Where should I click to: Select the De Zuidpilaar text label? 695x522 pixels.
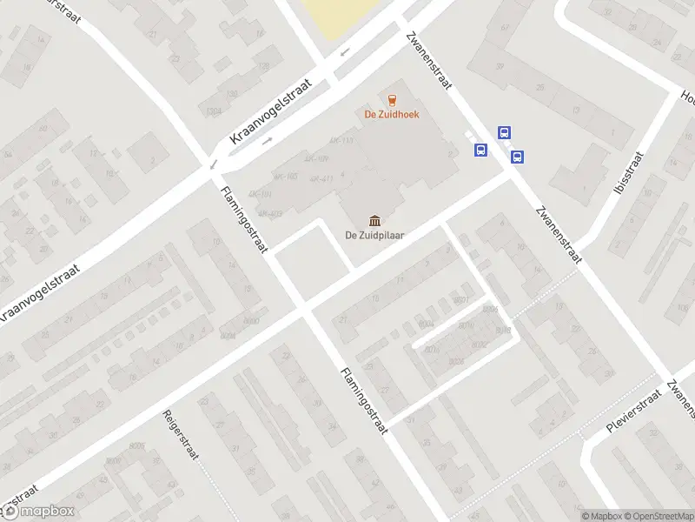pyautogui.click(x=374, y=234)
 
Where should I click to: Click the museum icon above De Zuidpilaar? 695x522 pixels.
pyautogui.click(x=374, y=218)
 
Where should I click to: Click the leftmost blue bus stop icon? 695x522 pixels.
pyautogui.click(x=480, y=150)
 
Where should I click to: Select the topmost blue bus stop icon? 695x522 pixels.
pyautogui.click(x=504, y=133)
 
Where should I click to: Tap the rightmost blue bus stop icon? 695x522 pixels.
pyautogui.click(x=518, y=157)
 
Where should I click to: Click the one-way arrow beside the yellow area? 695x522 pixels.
pyautogui.click(x=345, y=53)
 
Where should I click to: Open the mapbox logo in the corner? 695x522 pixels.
pyautogui.click(x=39, y=511)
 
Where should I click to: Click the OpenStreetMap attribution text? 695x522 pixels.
pyautogui.click(x=657, y=516)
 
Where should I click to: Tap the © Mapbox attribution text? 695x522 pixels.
pyautogui.click(x=602, y=516)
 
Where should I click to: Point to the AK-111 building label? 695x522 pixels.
pyautogui.click(x=341, y=140)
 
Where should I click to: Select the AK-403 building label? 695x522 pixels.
pyautogui.click(x=270, y=213)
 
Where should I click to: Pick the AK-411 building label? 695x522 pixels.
pyautogui.click(x=321, y=179)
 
